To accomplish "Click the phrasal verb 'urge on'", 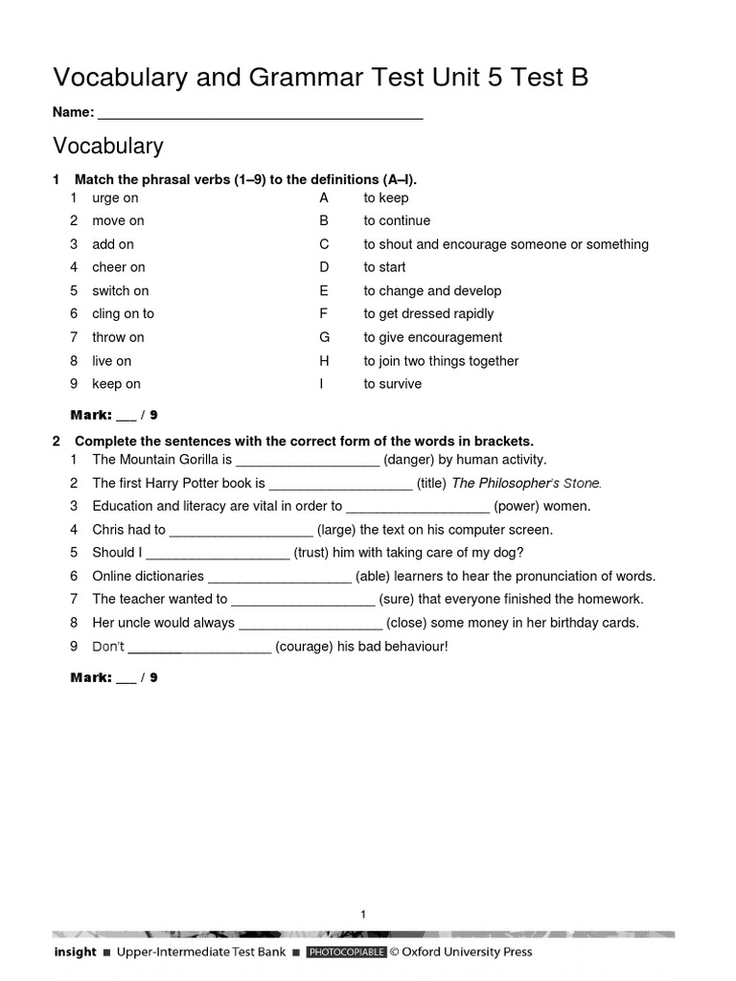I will point(115,198).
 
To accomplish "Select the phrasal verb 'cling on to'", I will point(123,314).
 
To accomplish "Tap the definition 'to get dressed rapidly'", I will point(428,314).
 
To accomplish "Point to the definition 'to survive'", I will point(392,384).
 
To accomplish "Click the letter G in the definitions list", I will point(324,337).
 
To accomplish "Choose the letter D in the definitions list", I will point(324,267).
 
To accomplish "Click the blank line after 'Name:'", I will point(261,114).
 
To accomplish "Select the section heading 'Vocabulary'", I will point(108,147).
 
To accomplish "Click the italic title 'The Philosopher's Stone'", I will point(526,484).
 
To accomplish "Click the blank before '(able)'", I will point(280,577).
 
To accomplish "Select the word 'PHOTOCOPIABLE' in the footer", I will point(346,952).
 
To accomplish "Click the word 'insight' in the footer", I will point(75,952).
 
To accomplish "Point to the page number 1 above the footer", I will point(364,915).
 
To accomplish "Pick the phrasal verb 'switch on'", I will point(121,291).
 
